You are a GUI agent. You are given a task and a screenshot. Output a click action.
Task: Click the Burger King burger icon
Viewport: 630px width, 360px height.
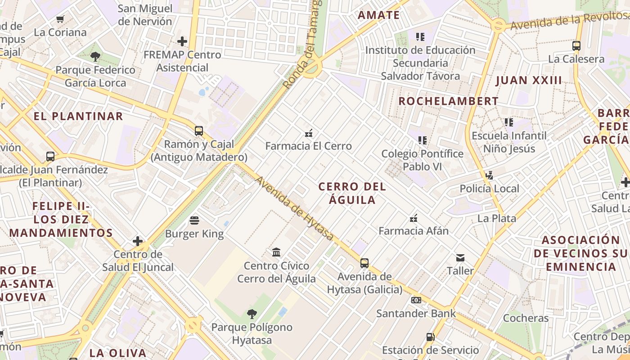(x=194, y=220)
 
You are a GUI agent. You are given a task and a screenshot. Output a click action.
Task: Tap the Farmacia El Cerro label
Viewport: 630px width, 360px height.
(x=308, y=146)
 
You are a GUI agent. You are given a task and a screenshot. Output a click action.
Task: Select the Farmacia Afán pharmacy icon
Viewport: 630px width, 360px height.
(x=414, y=218)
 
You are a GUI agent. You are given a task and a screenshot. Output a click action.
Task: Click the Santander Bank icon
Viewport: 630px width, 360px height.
(x=416, y=300)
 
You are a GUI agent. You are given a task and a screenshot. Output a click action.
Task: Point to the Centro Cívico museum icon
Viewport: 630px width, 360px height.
(x=276, y=252)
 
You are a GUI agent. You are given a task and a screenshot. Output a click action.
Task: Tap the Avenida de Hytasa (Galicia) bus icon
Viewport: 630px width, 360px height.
(x=364, y=263)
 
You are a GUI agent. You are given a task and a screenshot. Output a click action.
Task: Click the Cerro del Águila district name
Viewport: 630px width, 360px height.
(x=352, y=193)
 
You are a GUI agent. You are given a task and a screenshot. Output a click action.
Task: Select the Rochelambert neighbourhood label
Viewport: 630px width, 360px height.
(x=448, y=101)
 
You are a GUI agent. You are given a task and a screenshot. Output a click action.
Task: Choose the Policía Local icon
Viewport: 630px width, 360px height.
(x=490, y=175)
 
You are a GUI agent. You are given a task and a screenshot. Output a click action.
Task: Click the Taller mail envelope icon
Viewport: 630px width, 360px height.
(x=460, y=258)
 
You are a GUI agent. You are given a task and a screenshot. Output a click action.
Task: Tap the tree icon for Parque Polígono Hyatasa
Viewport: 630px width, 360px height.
(x=252, y=314)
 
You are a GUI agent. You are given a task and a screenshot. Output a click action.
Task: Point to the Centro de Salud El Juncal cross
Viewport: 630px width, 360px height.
(x=138, y=241)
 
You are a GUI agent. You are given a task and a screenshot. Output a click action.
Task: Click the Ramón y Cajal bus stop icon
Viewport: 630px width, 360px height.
(x=198, y=131)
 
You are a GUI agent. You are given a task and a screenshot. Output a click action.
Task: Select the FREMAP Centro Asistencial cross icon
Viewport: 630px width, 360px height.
(x=182, y=41)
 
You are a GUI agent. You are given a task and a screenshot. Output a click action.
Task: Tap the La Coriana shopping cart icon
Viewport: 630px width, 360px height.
(x=60, y=19)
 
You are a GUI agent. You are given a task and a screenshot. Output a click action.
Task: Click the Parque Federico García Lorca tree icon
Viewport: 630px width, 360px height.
(x=95, y=57)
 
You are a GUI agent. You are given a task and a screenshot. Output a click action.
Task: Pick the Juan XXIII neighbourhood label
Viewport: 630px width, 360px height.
(x=529, y=81)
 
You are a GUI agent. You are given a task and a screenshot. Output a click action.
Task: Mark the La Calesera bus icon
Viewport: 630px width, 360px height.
(x=576, y=45)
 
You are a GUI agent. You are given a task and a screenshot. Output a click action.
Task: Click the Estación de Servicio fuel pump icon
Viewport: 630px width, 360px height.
(x=430, y=337)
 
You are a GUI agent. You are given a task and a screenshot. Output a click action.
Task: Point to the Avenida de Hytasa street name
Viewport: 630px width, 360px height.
(x=295, y=208)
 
